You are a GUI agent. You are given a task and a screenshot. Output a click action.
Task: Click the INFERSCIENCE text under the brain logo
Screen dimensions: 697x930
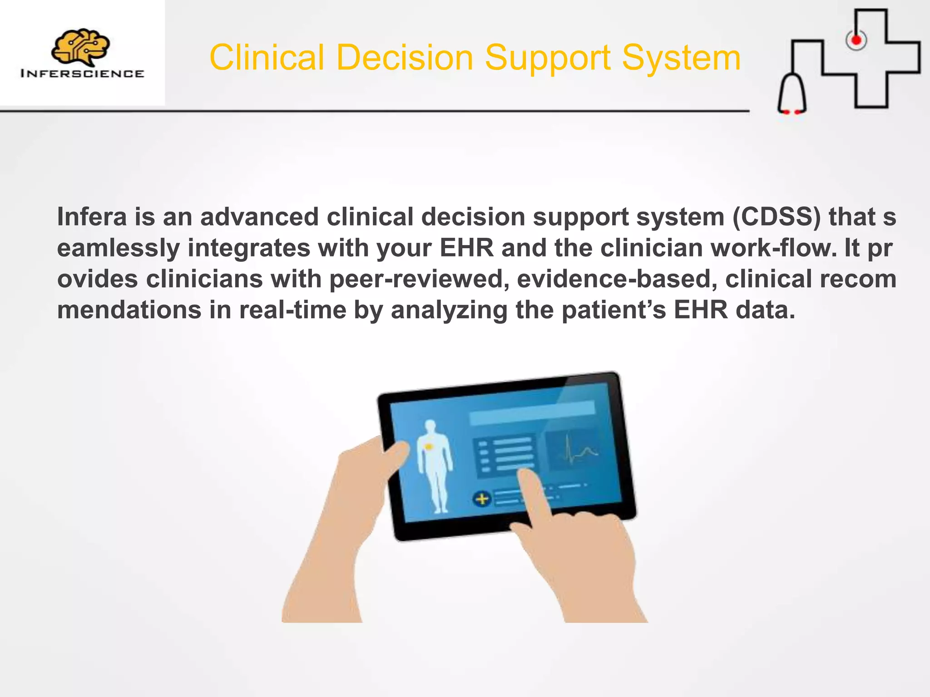click(82, 74)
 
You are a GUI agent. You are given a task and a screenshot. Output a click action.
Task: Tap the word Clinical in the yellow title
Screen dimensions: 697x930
click(267, 58)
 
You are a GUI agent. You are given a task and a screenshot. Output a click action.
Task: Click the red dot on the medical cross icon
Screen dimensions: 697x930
click(856, 40)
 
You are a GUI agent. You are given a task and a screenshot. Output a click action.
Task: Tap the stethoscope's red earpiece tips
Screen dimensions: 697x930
click(791, 111)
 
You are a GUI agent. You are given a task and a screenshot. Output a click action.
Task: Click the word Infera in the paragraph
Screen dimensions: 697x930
click(92, 216)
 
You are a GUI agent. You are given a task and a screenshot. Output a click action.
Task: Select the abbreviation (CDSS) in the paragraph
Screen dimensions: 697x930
click(777, 216)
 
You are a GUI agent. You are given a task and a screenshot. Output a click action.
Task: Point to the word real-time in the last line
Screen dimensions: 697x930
click(293, 310)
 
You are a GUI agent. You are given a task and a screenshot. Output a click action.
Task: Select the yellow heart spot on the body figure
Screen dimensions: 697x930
click(428, 447)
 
